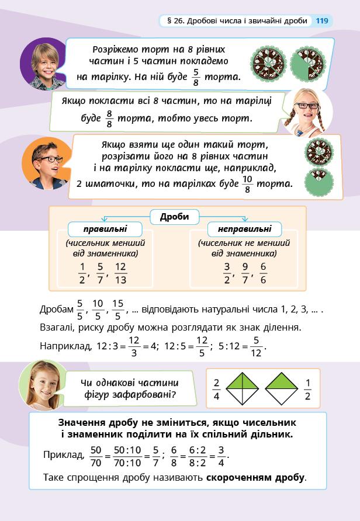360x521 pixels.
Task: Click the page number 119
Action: click(x=322, y=21)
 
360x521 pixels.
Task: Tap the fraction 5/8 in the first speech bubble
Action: click(x=196, y=77)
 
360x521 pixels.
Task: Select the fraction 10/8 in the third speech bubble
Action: click(x=247, y=183)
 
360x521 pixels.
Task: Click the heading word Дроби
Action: click(x=174, y=217)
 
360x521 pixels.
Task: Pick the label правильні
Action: click(x=105, y=229)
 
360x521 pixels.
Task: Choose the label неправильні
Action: click(x=244, y=229)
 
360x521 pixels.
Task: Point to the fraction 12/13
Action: click(x=120, y=272)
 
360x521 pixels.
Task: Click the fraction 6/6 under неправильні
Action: click(x=263, y=272)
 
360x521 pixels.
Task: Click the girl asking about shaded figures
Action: click(x=43, y=385)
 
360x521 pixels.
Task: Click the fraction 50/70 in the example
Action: click(x=96, y=456)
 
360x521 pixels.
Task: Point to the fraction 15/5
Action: click(x=118, y=308)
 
